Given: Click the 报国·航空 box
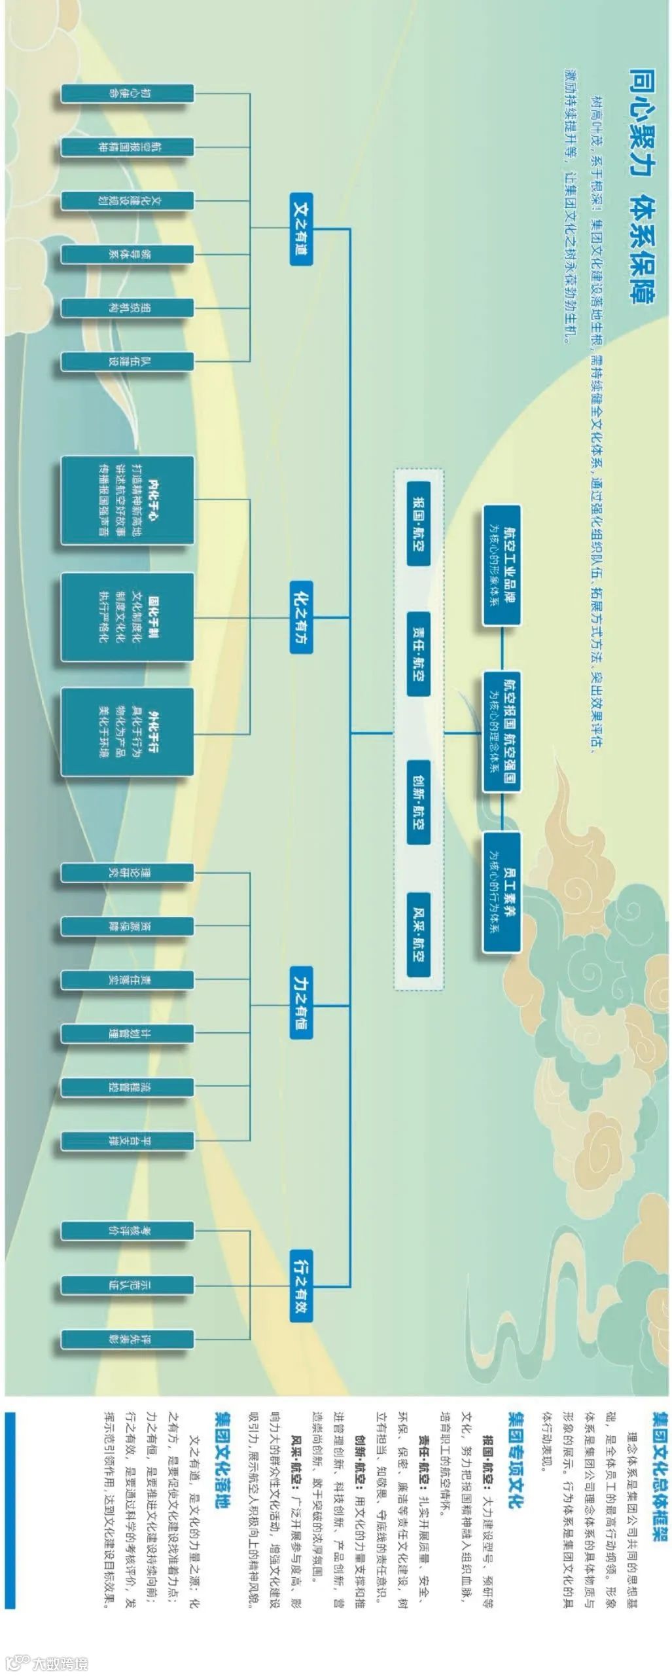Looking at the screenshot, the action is [x=419, y=524].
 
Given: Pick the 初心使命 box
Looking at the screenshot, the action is [x=128, y=93].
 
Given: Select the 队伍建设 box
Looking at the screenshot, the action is [x=128, y=361].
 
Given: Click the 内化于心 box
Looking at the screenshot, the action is [x=128, y=500].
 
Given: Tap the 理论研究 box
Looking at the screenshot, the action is [x=128, y=873].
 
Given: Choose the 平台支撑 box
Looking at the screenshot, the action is [x=128, y=1141].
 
